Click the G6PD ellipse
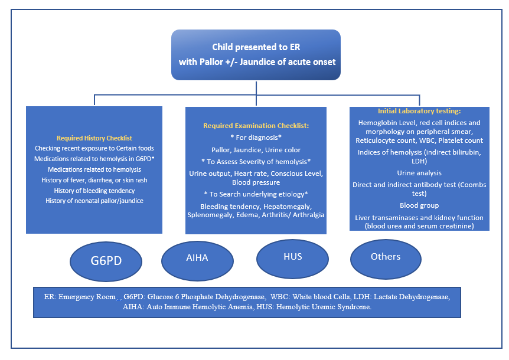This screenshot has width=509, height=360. click(x=106, y=261)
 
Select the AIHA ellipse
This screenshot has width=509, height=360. click(x=197, y=261)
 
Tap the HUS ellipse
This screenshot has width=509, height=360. click(x=292, y=259)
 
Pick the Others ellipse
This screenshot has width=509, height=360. click(x=386, y=259)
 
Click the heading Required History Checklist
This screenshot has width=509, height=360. click(x=94, y=138)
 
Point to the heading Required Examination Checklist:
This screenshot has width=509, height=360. click(x=256, y=126)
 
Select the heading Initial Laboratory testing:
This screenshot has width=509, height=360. click(x=419, y=111)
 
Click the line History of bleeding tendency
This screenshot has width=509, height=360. click(x=94, y=191)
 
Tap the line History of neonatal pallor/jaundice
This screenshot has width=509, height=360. click(x=94, y=201)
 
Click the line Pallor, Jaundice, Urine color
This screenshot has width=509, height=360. click(x=256, y=150)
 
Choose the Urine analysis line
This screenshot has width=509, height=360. click(x=419, y=173)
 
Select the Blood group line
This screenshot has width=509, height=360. click(x=419, y=205)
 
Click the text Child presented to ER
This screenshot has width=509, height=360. click(x=256, y=47)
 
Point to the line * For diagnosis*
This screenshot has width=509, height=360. click(x=256, y=138)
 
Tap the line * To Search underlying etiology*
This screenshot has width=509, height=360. click(x=256, y=194)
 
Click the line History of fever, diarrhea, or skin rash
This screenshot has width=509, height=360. click(x=94, y=180)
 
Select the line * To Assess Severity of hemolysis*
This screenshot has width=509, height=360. click(x=256, y=162)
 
